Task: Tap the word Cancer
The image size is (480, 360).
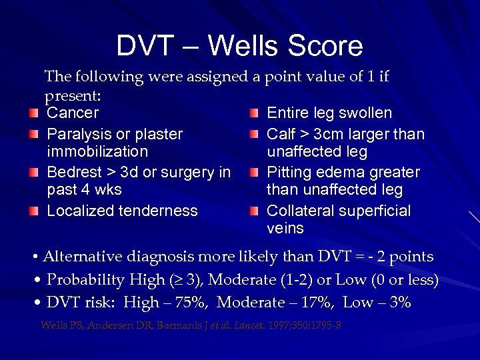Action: click(x=73, y=113)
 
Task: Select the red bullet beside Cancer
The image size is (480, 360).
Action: click(x=34, y=113)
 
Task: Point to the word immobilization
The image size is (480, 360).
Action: click(x=97, y=152)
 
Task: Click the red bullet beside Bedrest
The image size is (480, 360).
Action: click(x=34, y=173)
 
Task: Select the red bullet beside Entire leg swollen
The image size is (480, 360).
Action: click(x=253, y=113)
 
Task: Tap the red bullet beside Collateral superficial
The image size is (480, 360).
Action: click(x=253, y=212)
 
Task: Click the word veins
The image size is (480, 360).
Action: click(x=285, y=229)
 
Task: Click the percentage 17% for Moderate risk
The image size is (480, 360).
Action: click(x=311, y=303)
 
